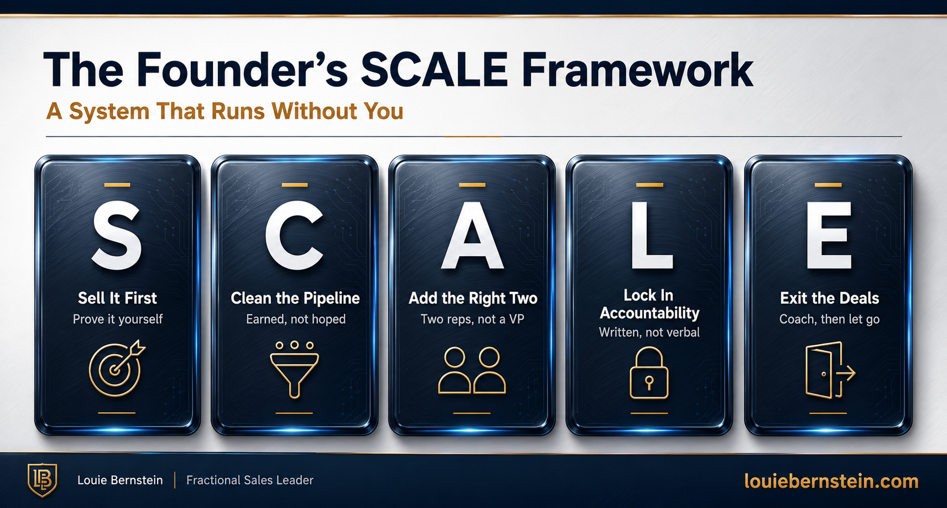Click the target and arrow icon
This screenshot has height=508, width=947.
point(114,370)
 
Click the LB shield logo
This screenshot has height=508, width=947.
point(42,480)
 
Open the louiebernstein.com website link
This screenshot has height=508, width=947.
point(831,481)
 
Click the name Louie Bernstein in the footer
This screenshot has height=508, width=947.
point(120,480)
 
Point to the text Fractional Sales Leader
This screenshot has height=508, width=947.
point(250,480)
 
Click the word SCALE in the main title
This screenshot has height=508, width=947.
point(434,69)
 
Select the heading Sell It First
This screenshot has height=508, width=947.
point(118,298)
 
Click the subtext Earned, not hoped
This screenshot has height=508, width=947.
point(296,319)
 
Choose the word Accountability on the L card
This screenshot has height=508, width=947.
point(650,313)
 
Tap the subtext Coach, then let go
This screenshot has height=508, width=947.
point(829,319)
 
